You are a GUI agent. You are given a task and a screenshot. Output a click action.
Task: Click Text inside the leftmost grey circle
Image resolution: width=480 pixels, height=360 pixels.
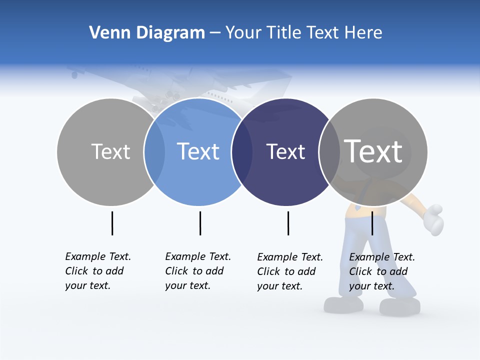coord(110,151)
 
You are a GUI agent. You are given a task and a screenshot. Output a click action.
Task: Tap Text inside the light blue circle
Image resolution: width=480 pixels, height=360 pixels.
coord(198,151)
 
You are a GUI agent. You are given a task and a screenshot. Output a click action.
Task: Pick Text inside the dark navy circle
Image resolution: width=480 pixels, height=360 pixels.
coord(285,151)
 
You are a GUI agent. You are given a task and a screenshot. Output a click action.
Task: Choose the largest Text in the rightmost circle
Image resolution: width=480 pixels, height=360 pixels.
coord(373,151)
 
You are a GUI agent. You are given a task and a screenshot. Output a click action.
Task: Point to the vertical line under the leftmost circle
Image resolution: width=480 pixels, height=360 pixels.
coord(112,223)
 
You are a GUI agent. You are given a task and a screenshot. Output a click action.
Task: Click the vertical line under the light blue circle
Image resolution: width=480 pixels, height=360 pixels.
coord(200,223)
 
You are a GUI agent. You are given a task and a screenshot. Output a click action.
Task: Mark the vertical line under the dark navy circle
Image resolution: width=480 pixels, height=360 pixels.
coord(288,223)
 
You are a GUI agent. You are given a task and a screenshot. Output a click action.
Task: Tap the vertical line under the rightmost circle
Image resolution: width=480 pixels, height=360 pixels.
coord(372,223)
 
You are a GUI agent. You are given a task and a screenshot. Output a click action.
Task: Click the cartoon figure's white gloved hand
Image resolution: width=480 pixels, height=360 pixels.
coord(433,219)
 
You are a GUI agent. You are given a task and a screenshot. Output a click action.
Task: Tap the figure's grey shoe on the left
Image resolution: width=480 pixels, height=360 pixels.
coord(343,304)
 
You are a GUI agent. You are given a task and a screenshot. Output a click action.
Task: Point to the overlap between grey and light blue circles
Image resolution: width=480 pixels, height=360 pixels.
coord(154,151)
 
